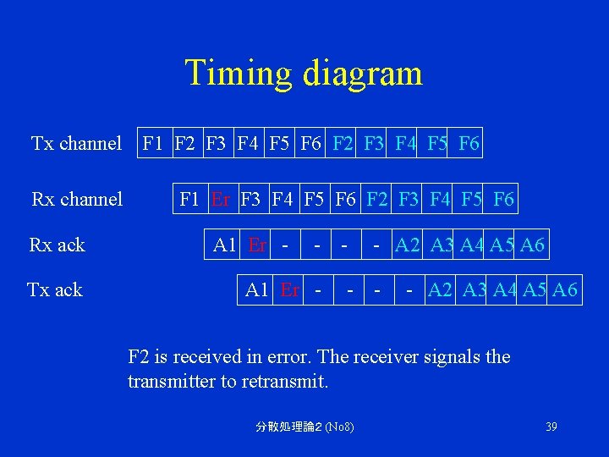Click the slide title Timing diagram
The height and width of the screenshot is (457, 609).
(x=304, y=73)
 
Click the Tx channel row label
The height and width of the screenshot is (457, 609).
(x=76, y=143)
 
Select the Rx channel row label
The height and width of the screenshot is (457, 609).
(x=77, y=199)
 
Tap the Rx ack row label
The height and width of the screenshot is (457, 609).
(x=57, y=245)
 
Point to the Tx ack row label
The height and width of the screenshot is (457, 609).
(x=55, y=290)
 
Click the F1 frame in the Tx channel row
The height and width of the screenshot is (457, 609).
(x=154, y=143)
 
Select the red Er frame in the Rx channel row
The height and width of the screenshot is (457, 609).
(x=221, y=200)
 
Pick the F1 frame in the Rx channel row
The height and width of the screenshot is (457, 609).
(x=190, y=200)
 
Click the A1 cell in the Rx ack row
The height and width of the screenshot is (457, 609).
(x=225, y=245)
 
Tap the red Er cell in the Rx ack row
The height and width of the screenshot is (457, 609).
(x=257, y=245)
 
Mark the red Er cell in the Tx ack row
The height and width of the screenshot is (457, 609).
(x=289, y=290)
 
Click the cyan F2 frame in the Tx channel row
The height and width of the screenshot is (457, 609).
(x=343, y=143)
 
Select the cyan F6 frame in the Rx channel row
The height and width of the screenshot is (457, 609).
(x=502, y=200)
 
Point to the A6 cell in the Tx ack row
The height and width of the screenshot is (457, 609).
(x=564, y=290)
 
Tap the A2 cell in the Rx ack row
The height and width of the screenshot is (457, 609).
(x=408, y=245)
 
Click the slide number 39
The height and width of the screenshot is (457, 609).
(x=551, y=427)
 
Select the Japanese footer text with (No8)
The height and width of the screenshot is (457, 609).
(x=304, y=427)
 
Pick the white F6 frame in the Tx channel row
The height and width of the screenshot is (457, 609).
(x=311, y=143)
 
